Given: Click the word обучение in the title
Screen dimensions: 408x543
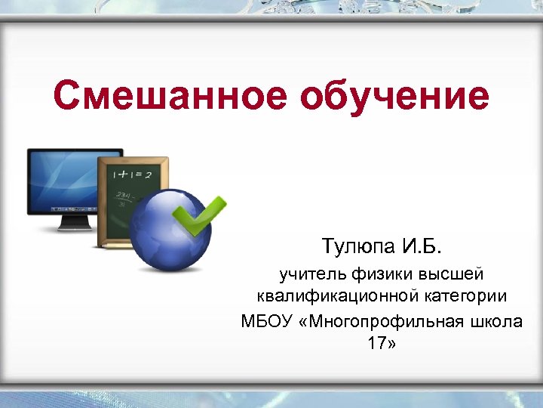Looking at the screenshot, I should pyautogui.click(x=394, y=97).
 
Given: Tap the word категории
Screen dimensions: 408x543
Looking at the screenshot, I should pyautogui.click(x=467, y=296).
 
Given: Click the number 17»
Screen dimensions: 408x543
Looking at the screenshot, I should pyautogui.click(x=381, y=345).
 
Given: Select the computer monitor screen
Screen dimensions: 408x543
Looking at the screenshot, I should pyautogui.click(x=62, y=181).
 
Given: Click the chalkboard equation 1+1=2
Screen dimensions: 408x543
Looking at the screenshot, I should pyautogui.click(x=133, y=175).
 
